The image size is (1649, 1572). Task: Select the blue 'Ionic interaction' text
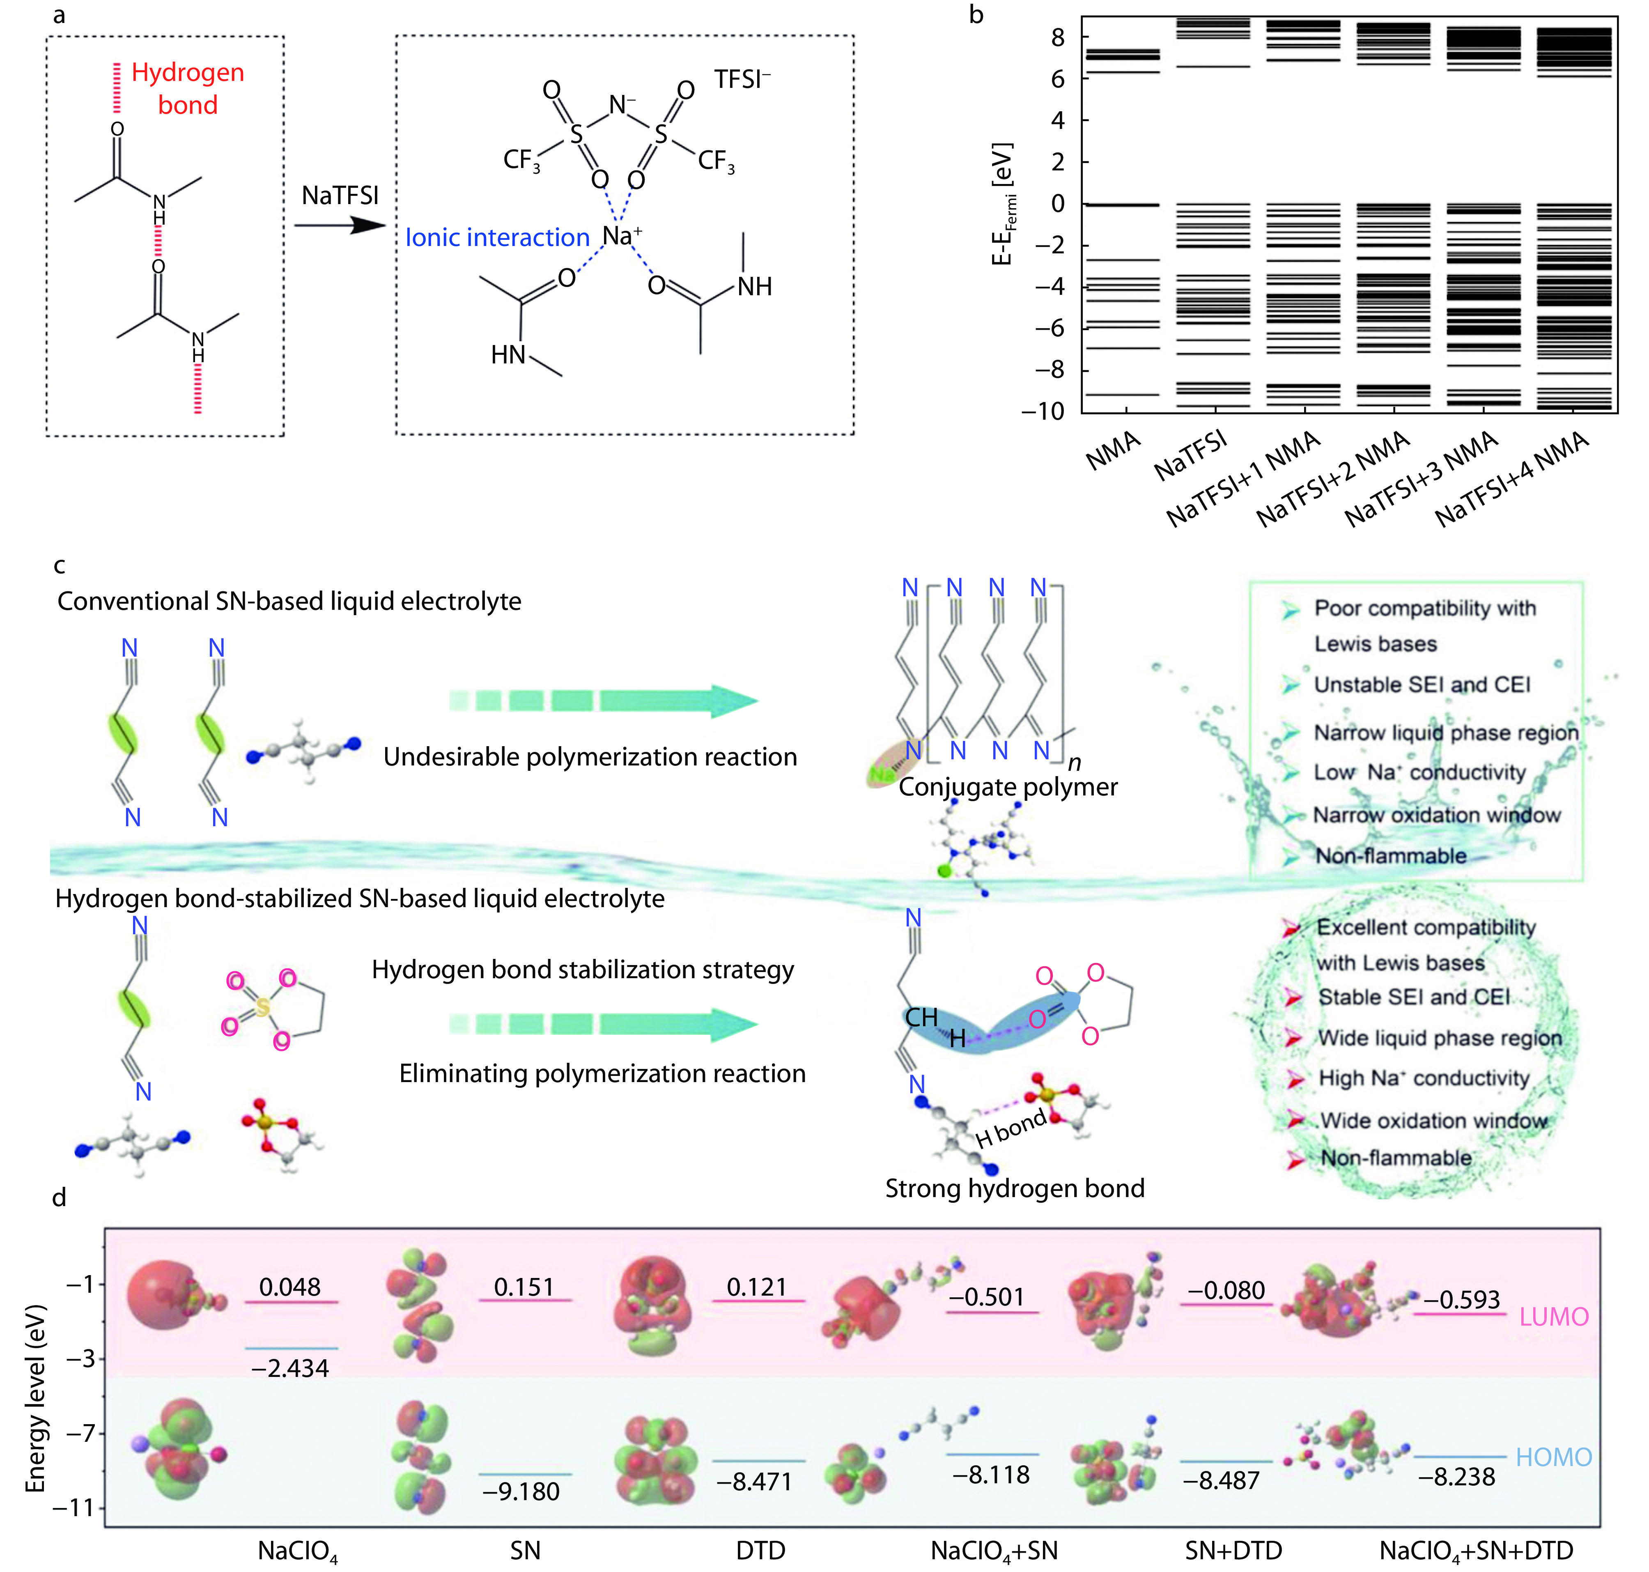pyautogui.click(x=498, y=238)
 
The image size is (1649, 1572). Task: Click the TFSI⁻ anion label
pyautogui.click(x=742, y=80)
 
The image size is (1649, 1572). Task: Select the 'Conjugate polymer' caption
pyautogui.click(x=1008, y=787)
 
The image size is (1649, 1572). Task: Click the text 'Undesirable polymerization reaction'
pyautogui.click(x=590, y=757)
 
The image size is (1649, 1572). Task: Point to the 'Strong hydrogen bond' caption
pyautogui.click(x=1015, y=1188)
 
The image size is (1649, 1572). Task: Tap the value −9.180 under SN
pyautogui.click(x=521, y=1492)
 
